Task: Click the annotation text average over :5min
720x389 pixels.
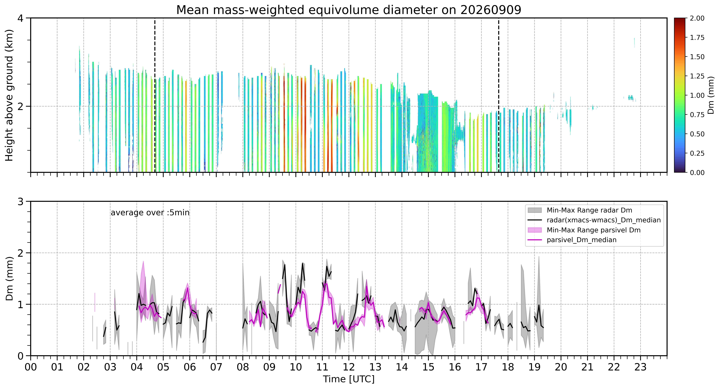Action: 150,213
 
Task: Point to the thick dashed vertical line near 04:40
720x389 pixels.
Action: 155,95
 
